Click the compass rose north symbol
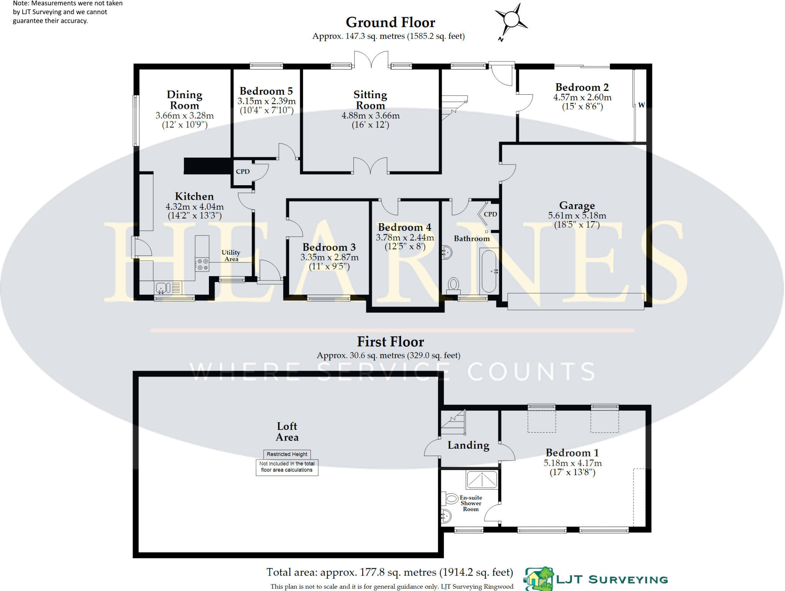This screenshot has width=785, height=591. [x=511, y=19]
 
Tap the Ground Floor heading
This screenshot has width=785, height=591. [x=390, y=22]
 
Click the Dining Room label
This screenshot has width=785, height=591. [x=184, y=100]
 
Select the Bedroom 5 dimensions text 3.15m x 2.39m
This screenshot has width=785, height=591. [x=266, y=101]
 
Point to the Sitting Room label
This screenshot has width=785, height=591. [x=370, y=100]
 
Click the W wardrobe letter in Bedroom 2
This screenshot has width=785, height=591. [x=641, y=105]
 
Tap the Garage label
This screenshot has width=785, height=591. [x=577, y=206]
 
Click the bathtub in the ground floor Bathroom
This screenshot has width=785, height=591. [x=489, y=270]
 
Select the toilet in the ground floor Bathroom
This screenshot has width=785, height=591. [x=453, y=285]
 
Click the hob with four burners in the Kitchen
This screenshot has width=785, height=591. [x=202, y=264]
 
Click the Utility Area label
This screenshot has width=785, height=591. [x=231, y=255]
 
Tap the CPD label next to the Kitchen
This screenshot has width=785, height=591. [x=243, y=171]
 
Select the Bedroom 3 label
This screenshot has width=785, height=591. [x=329, y=247]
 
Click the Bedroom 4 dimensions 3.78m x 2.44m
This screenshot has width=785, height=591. [x=405, y=238]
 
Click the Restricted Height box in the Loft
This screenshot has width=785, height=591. [x=287, y=454]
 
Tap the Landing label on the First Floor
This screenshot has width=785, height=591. [x=468, y=445]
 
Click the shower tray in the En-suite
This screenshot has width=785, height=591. [x=482, y=479]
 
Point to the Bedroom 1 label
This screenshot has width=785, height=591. [x=572, y=453]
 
